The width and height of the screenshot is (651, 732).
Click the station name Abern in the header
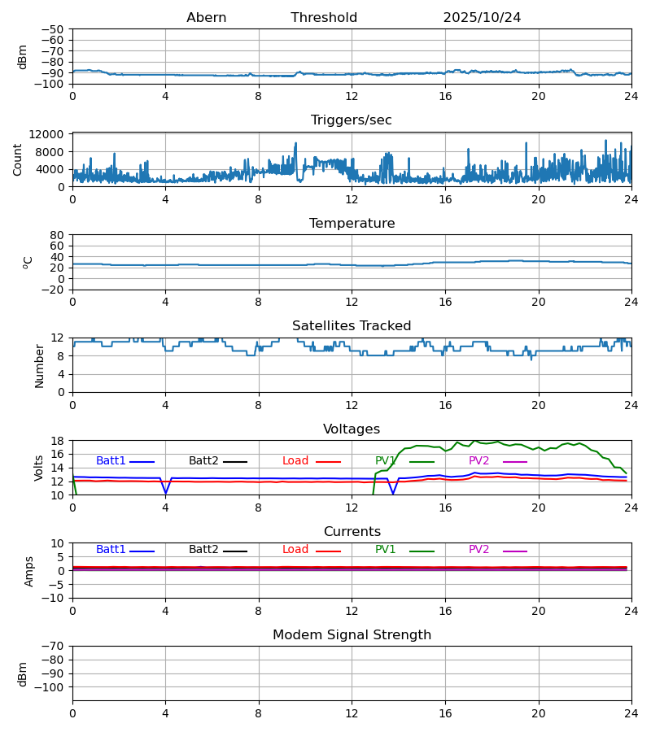coord(206,18)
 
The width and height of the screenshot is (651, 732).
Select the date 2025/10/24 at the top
coord(482,18)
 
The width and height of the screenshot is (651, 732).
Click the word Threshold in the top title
coord(324,18)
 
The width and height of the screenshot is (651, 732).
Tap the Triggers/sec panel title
coord(352,120)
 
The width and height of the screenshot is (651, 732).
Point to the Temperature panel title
coord(352,224)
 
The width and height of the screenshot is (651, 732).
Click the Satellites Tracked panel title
coord(352,326)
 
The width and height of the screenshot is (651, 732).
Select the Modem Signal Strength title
coord(352,635)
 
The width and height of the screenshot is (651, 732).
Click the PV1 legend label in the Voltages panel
coord(385,461)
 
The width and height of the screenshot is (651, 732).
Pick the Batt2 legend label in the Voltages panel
coord(203,461)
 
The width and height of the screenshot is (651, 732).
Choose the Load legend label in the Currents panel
coord(295,550)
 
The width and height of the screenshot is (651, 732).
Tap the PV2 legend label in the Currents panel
coord(478,550)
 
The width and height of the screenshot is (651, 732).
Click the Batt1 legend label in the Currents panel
coord(111,550)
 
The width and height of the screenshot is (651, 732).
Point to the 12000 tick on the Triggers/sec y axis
coord(50,134)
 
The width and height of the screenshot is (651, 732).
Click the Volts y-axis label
coord(39,468)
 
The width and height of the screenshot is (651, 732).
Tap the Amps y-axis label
coord(30,571)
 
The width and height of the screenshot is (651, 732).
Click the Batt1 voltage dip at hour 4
coord(166,492)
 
